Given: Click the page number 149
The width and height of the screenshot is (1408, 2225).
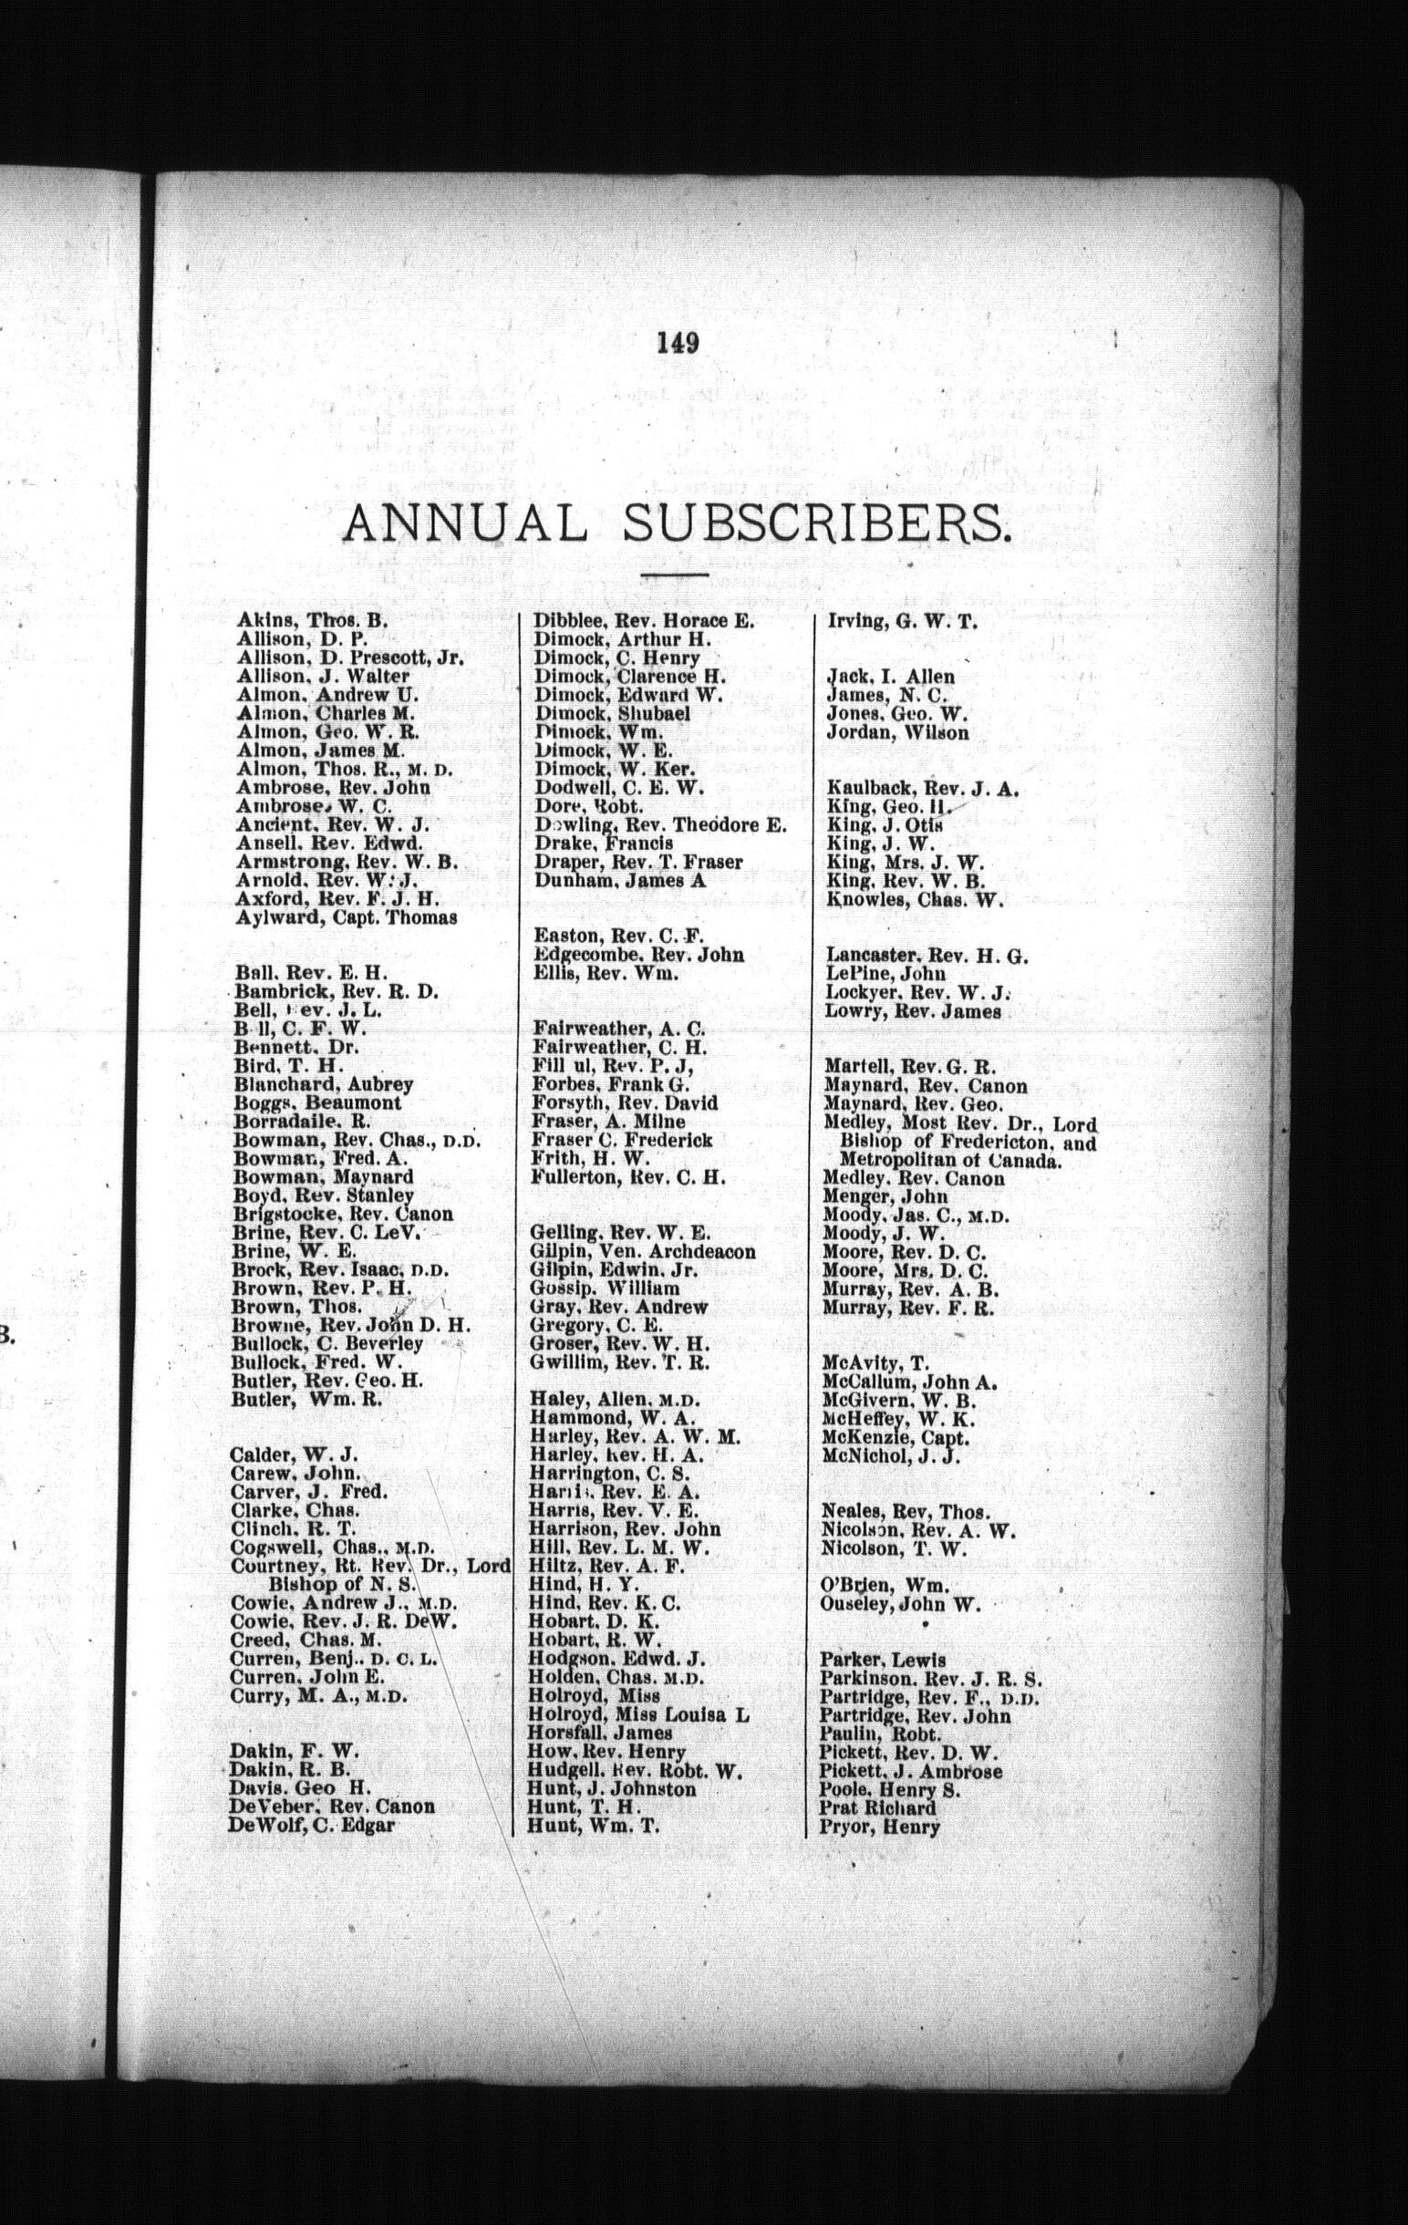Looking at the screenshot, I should pos(678,343).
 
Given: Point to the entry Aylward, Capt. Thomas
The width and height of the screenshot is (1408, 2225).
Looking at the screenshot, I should pos(347,918).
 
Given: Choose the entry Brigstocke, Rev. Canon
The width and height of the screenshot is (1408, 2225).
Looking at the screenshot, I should pos(343,1214).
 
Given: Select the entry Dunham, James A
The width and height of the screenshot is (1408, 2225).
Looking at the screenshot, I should pos(619,881).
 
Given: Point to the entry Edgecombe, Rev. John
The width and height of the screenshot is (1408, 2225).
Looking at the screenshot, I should pos(639,956).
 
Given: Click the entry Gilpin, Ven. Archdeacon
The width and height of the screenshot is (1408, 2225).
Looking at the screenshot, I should pos(643,1252).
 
